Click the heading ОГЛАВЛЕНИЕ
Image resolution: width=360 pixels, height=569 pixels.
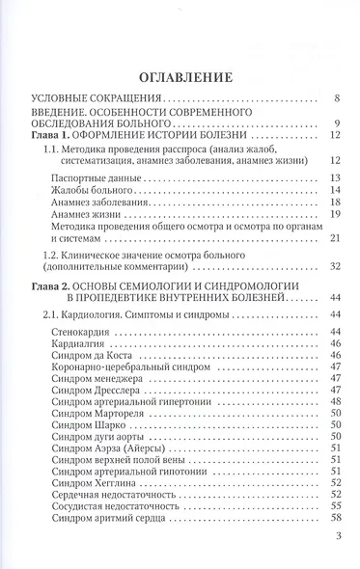(x=180, y=75)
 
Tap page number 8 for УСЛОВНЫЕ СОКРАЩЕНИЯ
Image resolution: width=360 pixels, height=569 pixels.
(x=335, y=98)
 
